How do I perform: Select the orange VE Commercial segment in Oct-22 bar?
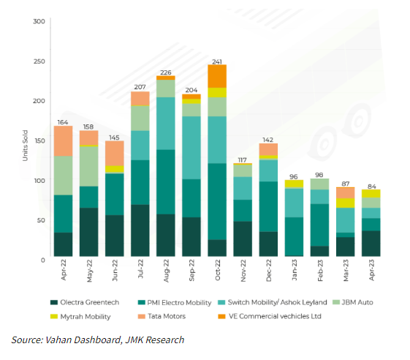tap(217, 76)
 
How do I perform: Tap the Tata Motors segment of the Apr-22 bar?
tap(63, 140)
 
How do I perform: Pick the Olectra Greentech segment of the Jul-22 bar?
tap(140, 230)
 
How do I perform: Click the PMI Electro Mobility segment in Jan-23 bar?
tap(294, 236)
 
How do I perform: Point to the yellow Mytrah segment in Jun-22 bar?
tap(114, 169)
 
